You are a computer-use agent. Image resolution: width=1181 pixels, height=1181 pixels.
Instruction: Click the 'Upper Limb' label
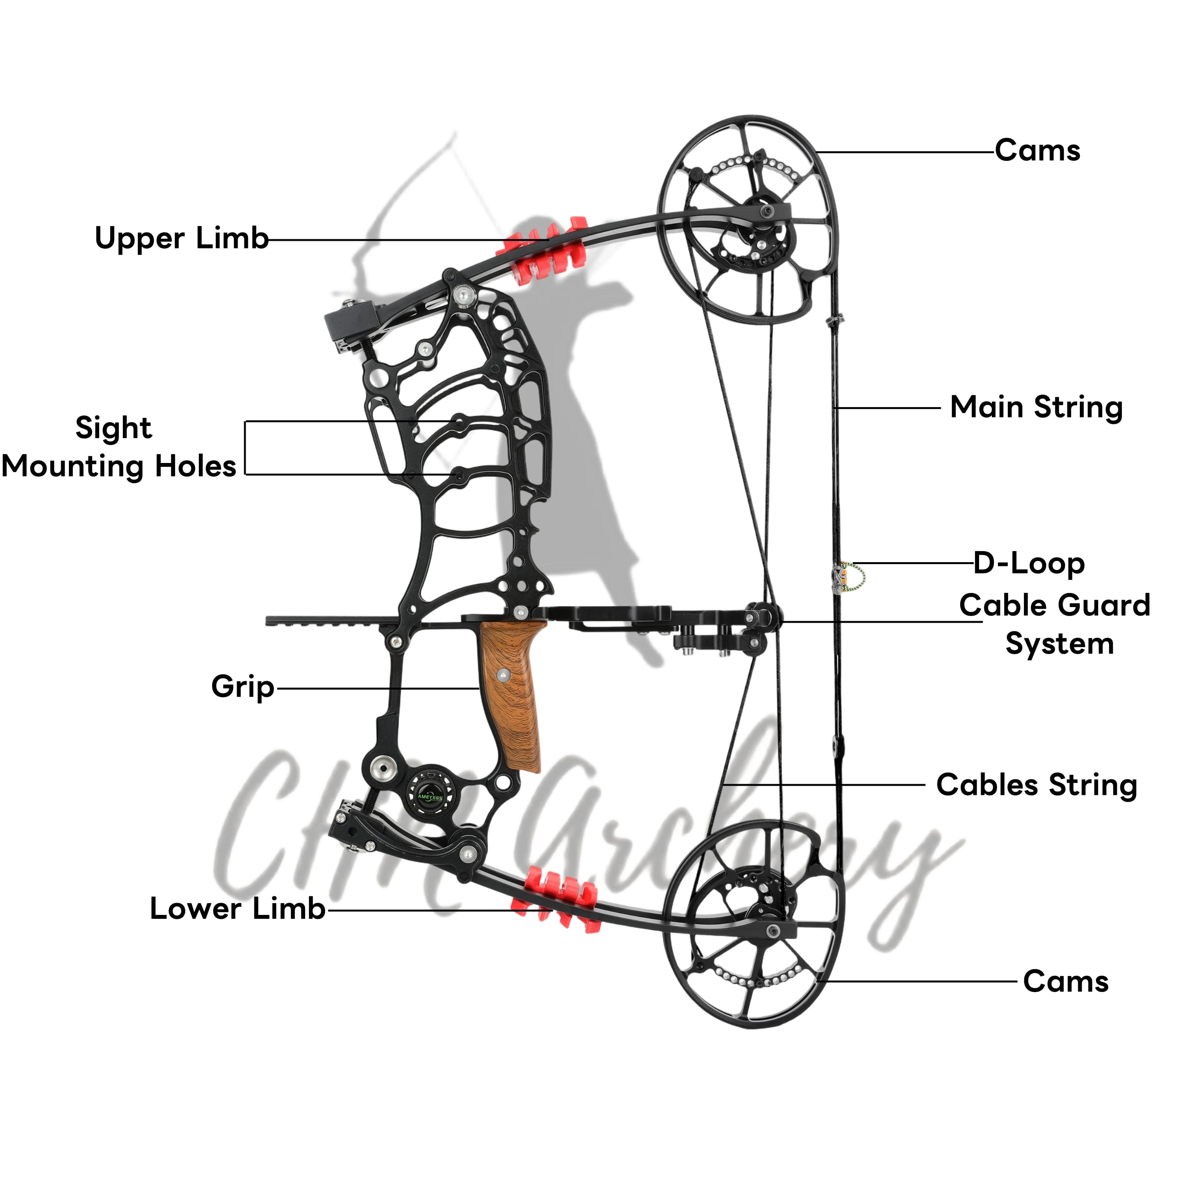tap(181, 239)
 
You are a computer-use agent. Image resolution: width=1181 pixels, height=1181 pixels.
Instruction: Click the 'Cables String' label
tap(1036, 785)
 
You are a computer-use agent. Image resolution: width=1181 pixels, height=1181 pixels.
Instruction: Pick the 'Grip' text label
tap(242, 687)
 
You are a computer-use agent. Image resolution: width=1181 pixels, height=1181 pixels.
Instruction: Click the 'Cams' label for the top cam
tap(1037, 150)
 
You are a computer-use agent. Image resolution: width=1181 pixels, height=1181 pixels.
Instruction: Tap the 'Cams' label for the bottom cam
tap(1066, 982)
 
